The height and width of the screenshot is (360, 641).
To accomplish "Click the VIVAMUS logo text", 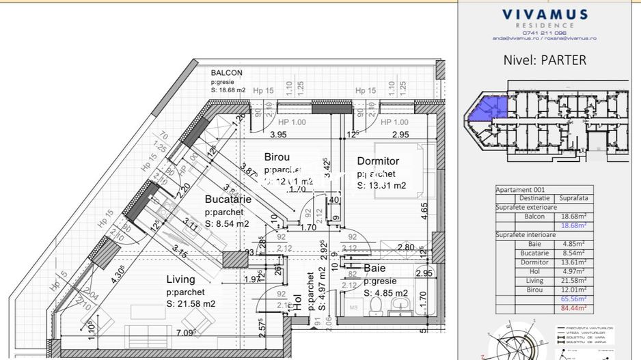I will pyautogui.click(x=544, y=14).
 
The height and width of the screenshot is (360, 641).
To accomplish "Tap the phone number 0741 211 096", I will pyautogui.click(x=544, y=32).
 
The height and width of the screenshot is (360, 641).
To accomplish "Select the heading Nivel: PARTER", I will pyautogui.click(x=544, y=59).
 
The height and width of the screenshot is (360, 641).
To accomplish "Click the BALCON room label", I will pyautogui.click(x=226, y=72).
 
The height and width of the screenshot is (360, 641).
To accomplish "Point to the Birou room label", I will pyautogui.click(x=277, y=157).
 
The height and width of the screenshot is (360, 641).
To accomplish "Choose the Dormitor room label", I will pyautogui.click(x=378, y=161).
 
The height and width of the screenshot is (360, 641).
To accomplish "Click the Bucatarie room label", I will pyautogui.click(x=228, y=199).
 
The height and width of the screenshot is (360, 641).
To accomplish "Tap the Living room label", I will pyautogui.click(x=180, y=279).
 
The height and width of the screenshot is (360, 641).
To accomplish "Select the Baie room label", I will pyautogui.click(x=374, y=268).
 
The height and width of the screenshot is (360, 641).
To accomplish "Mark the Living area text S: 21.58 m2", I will pyautogui.click(x=191, y=303).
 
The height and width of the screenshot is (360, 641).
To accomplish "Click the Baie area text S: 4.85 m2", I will pyautogui.click(x=386, y=294).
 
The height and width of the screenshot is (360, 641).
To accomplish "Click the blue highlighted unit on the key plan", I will pyautogui.click(x=489, y=109).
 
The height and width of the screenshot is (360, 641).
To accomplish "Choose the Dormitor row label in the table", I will pyautogui.click(x=534, y=262).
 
